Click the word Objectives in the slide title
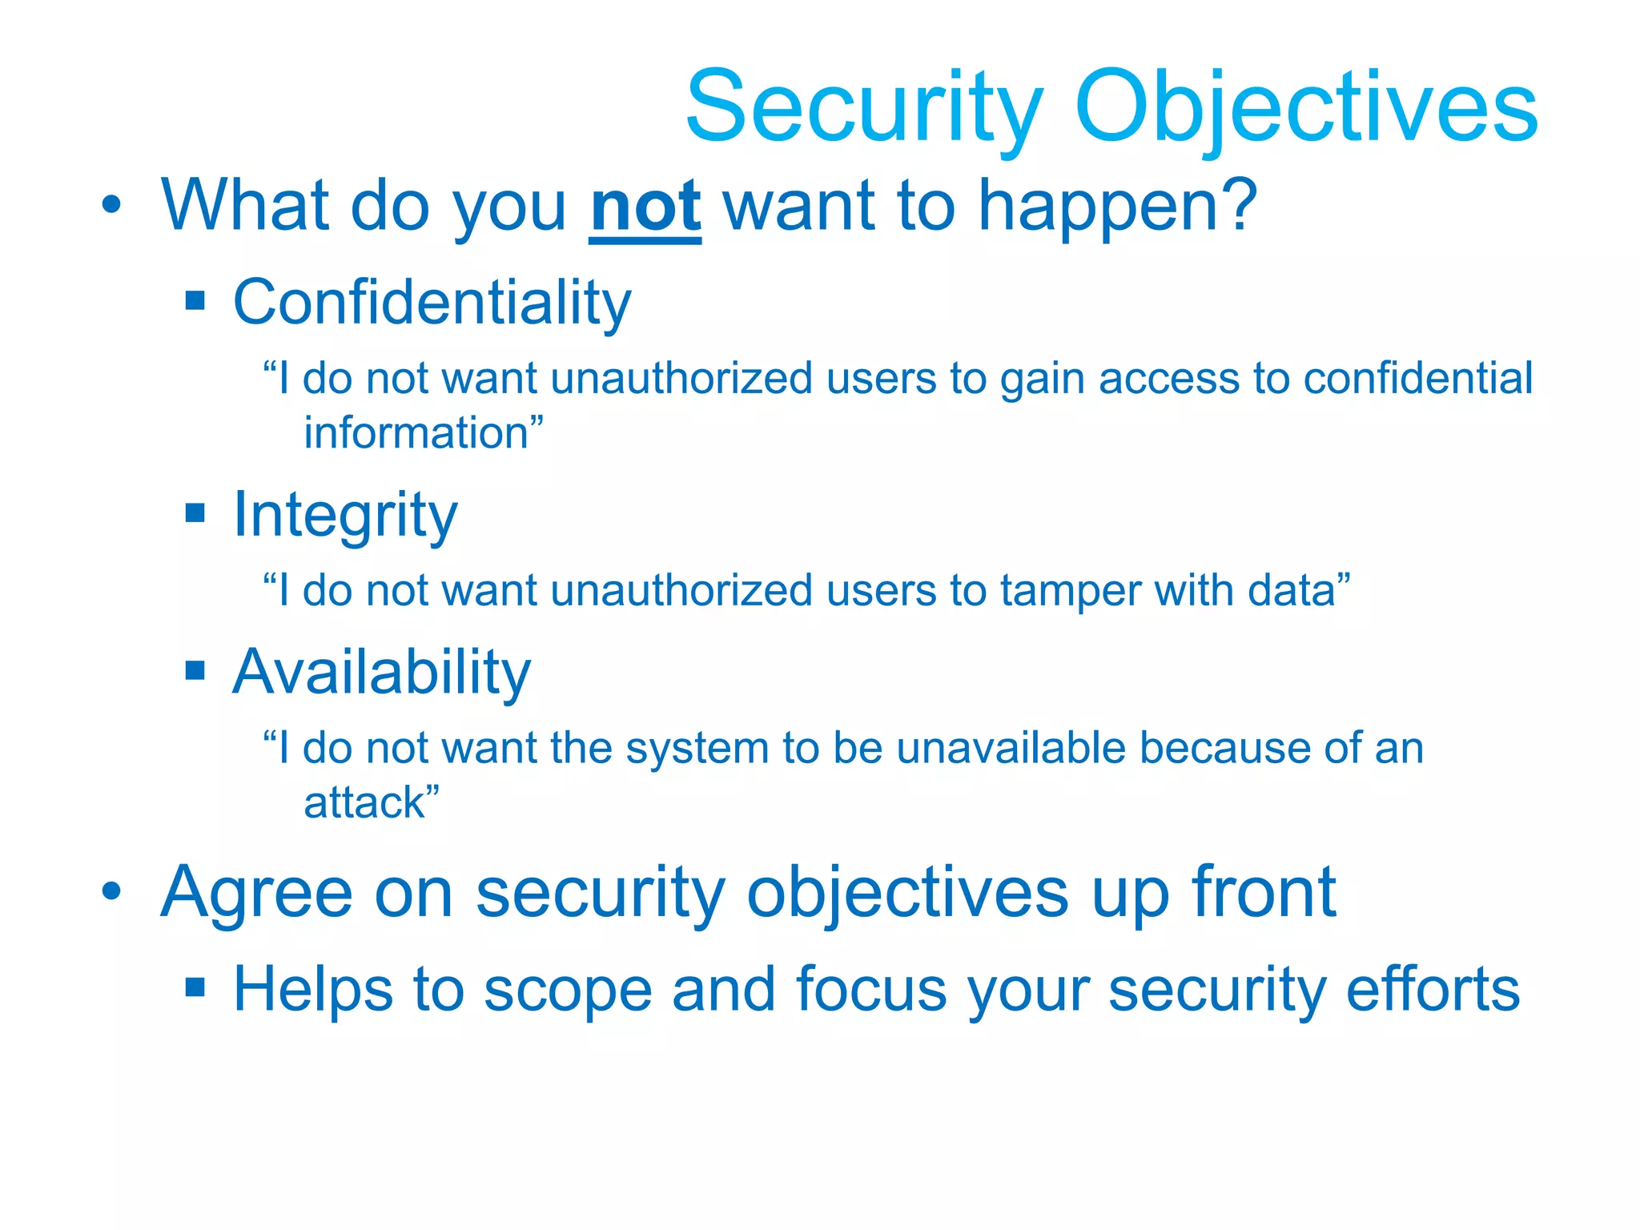click(1305, 108)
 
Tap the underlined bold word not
click(645, 207)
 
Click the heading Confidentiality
click(432, 303)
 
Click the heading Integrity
click(345, 515)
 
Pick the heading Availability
click(381, 672)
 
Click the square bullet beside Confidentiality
click(195, 301)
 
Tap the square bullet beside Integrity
click(195, 512)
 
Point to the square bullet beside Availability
click(195, 669)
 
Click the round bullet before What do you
click(112, 205)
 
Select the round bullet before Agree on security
click(112, 890)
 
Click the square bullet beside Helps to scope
click(195, 987)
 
